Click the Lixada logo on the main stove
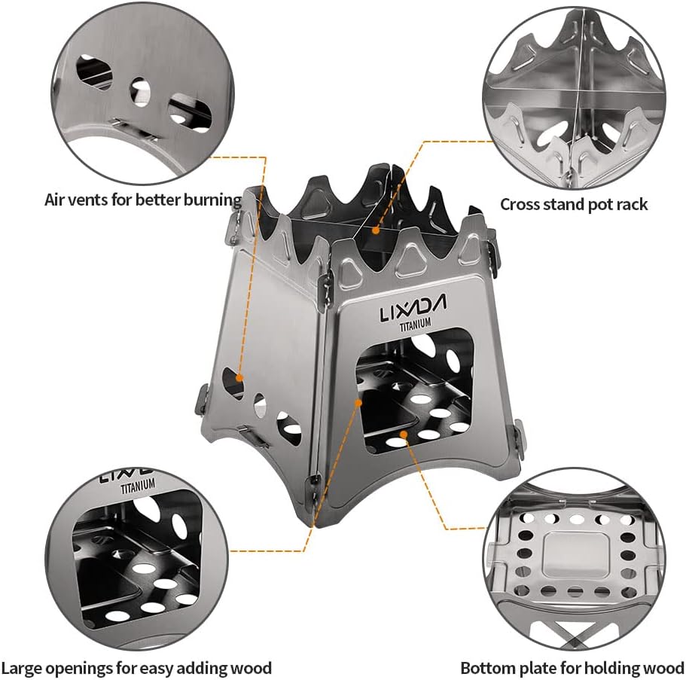413,307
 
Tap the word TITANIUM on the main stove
415,325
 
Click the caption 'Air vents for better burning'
143,200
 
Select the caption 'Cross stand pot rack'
574,204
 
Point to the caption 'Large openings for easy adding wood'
136,668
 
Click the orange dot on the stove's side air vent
239,377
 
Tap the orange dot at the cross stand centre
375,230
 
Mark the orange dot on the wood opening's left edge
358,402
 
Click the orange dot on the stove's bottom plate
404,434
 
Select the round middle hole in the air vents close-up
140,92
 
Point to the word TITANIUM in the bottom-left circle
138,486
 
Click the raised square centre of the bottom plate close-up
575,555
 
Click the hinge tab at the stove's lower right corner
520,439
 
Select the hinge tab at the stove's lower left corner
201,398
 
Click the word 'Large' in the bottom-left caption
21,669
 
